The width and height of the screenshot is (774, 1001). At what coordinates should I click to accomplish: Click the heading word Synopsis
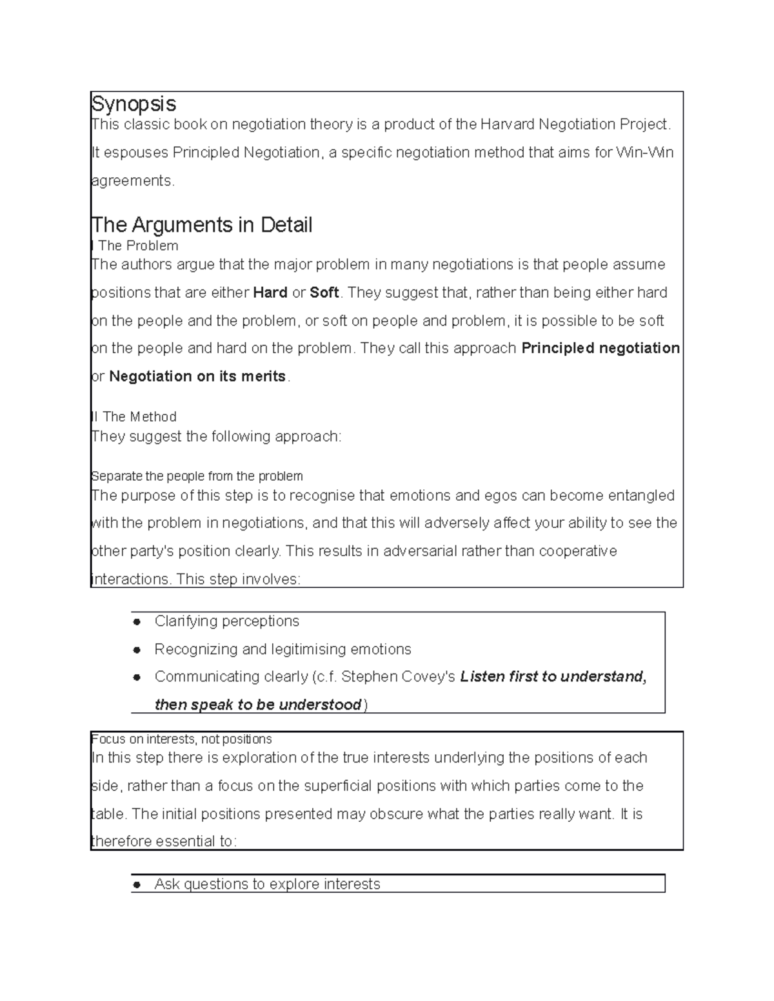tap(134, 104)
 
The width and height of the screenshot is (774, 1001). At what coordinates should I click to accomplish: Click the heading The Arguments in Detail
tap(202, 225)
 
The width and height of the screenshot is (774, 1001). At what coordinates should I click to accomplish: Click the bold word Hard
tap(270, 293)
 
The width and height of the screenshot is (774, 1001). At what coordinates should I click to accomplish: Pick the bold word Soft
tap(324, 293)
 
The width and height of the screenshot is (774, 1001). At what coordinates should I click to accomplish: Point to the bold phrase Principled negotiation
tap(600, 349)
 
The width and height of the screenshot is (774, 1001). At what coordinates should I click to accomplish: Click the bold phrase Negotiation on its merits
tap(197, 376)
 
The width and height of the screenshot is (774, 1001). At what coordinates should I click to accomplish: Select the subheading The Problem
tap(138, 246)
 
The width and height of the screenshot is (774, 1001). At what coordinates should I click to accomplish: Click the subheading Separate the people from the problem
tap(197, 476)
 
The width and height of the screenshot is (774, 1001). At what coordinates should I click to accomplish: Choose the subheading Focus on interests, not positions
tap(181, 739)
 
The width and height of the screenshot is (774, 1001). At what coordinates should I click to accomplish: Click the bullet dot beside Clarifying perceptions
tap(137, 622)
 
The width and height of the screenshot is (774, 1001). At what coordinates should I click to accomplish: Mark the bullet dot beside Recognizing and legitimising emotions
tap(137, 650)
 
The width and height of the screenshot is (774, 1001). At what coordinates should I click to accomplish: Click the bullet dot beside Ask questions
tap(137, 885)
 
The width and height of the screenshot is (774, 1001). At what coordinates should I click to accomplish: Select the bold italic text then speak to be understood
tap(258, 705)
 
